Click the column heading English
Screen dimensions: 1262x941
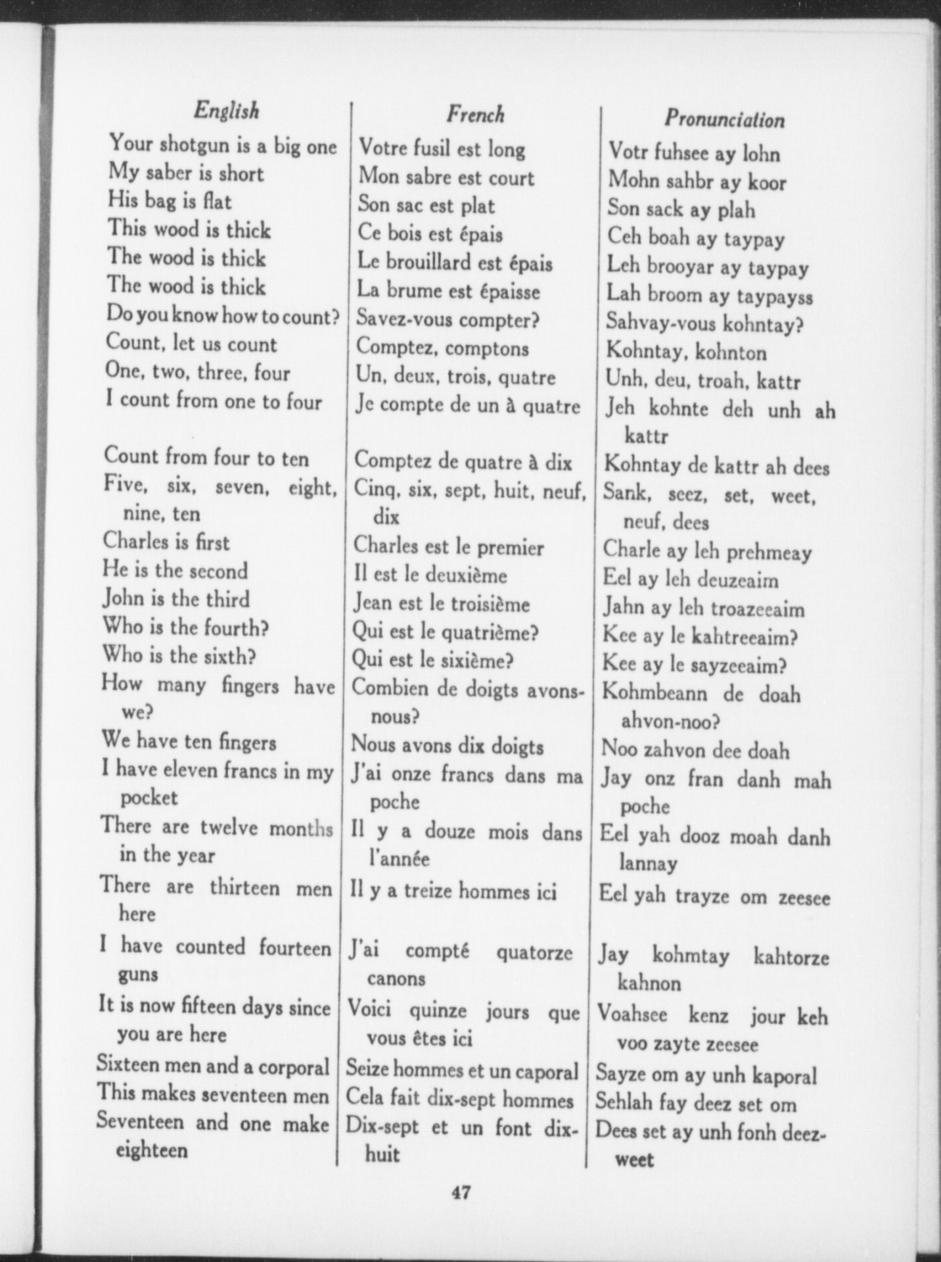tap(227, 110)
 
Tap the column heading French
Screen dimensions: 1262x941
tap(476, 114)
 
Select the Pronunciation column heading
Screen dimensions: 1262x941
tap(724, 119)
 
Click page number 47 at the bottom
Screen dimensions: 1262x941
tap(461, 1192)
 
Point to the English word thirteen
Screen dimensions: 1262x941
tap(244, 887)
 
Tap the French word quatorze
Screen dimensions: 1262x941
tap(534, 952)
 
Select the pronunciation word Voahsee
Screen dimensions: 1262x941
tap(632, 1014)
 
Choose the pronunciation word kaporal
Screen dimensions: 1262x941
tap(784, 1076)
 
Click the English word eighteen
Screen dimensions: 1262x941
tap(152, 1150)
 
